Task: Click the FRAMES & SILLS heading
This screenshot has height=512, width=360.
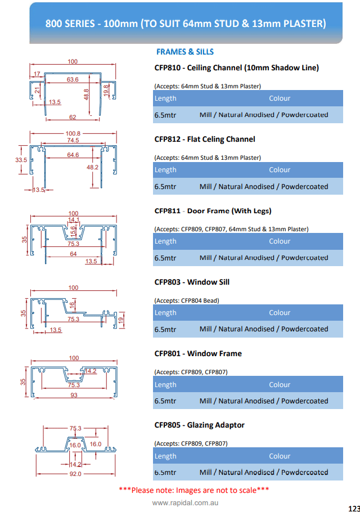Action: click(185, 52)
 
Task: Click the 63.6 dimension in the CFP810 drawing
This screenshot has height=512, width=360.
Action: click(73, 79)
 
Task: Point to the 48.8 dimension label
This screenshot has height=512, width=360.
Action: click(86, 95)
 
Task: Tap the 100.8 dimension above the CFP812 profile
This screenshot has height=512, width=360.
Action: click(73, 133)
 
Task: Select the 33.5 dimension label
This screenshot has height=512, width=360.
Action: click(21, 160)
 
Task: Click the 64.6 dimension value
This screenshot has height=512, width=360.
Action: click(73, 155)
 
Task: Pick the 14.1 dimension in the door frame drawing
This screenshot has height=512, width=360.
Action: click(74, 220)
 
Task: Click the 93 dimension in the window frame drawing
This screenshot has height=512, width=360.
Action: click(74, 395)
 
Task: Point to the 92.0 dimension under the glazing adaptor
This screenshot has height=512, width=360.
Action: click(75, 474)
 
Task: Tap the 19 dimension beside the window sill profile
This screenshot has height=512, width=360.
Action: click(121, 320)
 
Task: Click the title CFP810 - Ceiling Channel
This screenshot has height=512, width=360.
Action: click(237, 68)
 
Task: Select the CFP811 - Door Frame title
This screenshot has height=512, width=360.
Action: click(213, 211)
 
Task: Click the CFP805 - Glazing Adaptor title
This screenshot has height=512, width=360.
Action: click(200, 425)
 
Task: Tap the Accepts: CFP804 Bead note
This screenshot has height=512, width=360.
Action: click(187, 300)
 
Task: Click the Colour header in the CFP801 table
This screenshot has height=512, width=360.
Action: click(280, 385)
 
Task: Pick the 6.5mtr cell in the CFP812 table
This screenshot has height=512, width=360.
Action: click(165, 187)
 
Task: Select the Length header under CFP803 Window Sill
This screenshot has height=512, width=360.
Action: click(165, 313)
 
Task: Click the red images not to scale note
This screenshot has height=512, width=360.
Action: click(194, 490)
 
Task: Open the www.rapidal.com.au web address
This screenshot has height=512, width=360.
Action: click(185, 503)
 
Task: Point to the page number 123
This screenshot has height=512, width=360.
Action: click(354, 509)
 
